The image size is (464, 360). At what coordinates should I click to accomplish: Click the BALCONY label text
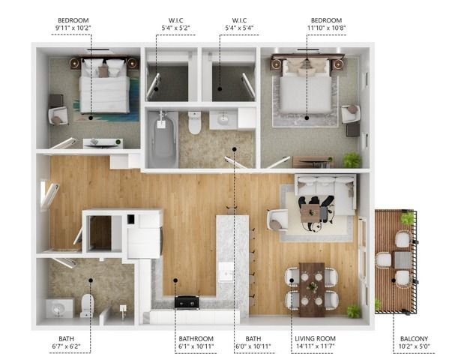(x=414, y=339)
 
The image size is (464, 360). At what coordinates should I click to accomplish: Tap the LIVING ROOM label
(x=315, y=339)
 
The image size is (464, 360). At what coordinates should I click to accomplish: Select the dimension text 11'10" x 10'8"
(x=326, y=28)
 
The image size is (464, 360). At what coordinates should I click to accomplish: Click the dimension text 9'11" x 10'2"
(x=73, y=28)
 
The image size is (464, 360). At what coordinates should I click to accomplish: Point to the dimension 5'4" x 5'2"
(x=175, y=28)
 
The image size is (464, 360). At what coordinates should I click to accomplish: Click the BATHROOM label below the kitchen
(x=196, y=339)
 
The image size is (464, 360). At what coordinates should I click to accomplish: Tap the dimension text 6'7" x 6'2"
(x=66, y=346)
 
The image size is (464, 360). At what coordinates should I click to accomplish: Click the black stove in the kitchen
(x=187, y=301)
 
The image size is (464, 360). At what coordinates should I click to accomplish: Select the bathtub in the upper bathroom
(x=161, y=139)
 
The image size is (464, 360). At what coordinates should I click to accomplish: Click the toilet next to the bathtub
(x=194, y=122)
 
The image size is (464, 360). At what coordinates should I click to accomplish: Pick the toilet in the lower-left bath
(x=87, y=305)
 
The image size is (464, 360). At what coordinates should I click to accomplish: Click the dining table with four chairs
(x=312, y=289)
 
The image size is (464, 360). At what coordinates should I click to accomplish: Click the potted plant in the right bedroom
(x=352, y=160)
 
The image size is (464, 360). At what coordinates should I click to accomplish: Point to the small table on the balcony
(x=403, y=260)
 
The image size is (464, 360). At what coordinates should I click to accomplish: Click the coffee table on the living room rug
(x=310, y=212)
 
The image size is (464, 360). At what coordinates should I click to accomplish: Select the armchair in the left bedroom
(x=58, y=115)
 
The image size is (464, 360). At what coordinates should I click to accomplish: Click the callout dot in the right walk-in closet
(x=220, y=88)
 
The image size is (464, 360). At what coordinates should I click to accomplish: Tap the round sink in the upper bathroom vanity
(x=223, y=120)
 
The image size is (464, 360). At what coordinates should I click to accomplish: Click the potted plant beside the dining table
(x=354, y=311)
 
